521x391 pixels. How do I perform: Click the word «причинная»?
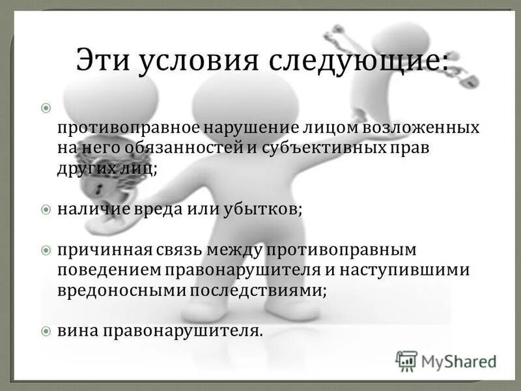click(101, 251)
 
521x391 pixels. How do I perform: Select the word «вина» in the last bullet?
click(76, 331)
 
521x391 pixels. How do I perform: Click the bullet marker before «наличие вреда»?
click(46, 210)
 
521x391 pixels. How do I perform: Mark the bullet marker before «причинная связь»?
click(46, 251)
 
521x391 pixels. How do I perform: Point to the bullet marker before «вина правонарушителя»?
click(46, 331)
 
